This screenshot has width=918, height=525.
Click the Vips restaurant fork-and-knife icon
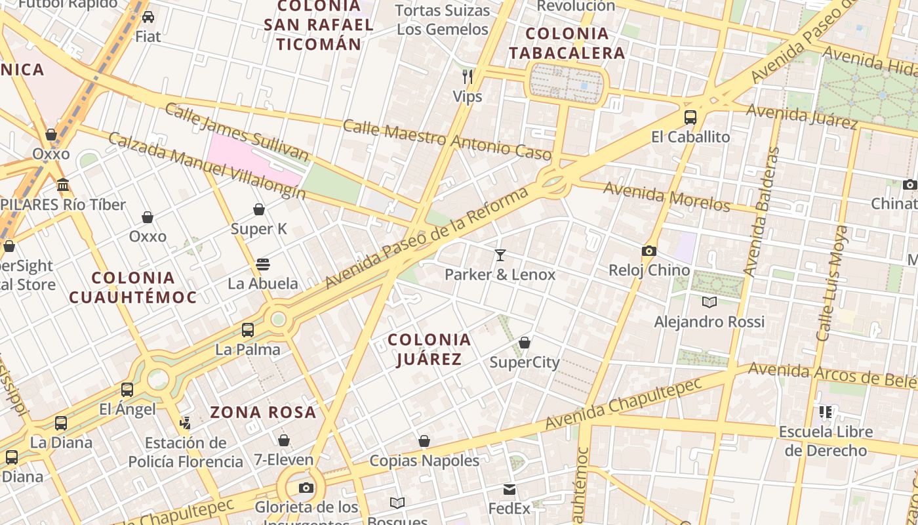tap(468, 77)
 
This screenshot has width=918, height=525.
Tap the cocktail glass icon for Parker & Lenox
tap(500, 255)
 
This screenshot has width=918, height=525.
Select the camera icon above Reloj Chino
tap(649, 251)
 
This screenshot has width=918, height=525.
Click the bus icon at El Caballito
tap(690, 117)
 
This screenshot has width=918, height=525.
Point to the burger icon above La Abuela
tap(263, 264)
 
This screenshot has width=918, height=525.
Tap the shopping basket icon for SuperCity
tap(525, 343)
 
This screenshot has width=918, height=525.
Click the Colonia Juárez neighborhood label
tap(429, 349)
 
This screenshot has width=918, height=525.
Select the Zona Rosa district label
tap(264, 413)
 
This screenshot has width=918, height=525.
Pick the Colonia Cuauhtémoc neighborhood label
tap(133, 287)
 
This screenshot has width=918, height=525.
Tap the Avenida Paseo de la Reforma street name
tap(427, 238)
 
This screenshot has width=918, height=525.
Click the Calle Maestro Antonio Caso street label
tap(447, 140)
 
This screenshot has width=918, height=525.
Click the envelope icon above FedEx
tap(509, 490)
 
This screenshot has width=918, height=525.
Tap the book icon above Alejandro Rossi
tap(709, 302)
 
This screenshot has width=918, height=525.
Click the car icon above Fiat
tap(148, 17)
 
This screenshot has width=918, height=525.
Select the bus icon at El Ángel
tap(127, 390)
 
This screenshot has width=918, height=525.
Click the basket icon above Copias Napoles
tap(424, 441)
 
